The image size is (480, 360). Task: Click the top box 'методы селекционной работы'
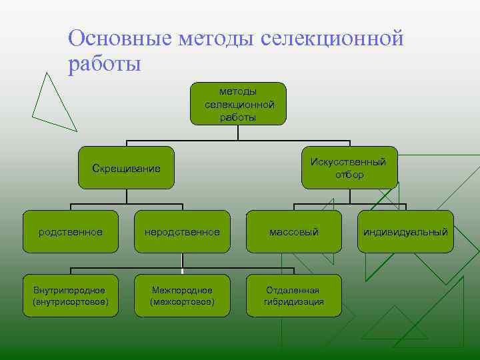pyautogui.click(x=238, y=103)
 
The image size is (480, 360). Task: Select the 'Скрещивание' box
pyautogui.click(x=126, y=167)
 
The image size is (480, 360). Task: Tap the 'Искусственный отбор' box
pyautogui.click(x=350, y=167)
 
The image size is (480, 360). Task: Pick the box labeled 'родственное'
pyautogui.click(x=71, y=232)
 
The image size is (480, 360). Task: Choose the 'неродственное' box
pyautogui.click(x=182, y=232)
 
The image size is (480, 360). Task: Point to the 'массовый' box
pyautogui.click(x=294, y=232)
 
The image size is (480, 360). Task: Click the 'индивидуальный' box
pyautogui.click(x=405, y=232)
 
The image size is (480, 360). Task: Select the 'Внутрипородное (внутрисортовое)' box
pyautogui.click(x=71, y=296)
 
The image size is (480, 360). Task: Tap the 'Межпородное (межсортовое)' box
pyautogui.click(x=182, y=296)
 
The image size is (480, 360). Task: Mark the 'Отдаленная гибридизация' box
pyautogui.click(x=294, y=296)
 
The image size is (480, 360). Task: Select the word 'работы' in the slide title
pyautogui.click(x=104, y=65)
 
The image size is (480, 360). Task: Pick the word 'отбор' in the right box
pyautogui.click(x=350, y=175)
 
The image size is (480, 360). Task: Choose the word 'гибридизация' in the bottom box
pyautogui.click(x=294, y=302)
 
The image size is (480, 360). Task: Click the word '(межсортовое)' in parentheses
pyautogui.click(x=182, y=302)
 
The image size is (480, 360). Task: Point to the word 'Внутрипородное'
pyautogui.click(x=71, y=290)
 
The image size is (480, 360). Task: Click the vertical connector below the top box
pyautogui.click(x=238, y=133)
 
